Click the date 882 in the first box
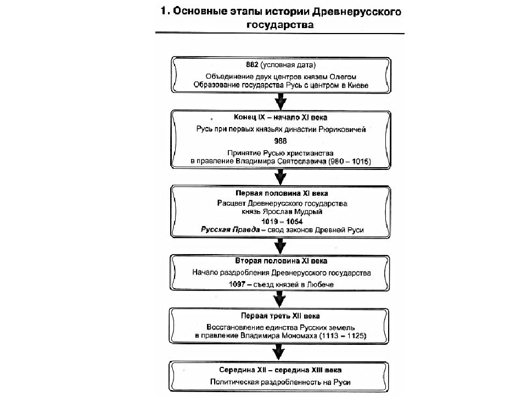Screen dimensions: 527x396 (x=252, y=65)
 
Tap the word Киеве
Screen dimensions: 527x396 (x=358, y=85)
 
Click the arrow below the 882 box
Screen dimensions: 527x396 (x=281, y=101)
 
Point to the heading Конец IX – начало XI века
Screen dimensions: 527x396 (x=281, y=117)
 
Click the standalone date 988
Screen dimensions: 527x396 (x=281, y=141)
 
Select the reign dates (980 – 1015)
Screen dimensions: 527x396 (x=350, y=161)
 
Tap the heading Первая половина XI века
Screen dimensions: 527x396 (x=282, y=193)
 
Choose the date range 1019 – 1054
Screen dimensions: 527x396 (x=282, y=221)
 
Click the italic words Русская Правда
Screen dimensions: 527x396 (x=230, y=230)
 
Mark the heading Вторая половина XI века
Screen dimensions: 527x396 (x=281, y=261)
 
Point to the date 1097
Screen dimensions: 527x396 (x=237, y=284)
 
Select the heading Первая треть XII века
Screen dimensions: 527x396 (x=281, y=316)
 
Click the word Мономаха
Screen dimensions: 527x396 (x=299, y=335)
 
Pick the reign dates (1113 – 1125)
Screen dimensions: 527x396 (x=343, y=335)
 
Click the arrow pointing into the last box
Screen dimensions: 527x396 (x=279, y=352)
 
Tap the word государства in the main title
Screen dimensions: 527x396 (x=281, y=25)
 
